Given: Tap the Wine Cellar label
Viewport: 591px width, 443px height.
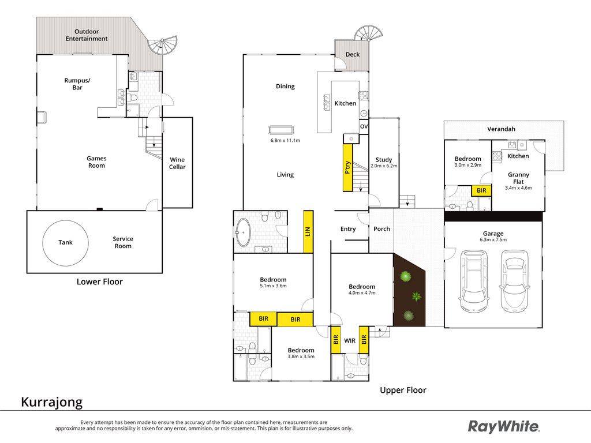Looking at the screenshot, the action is coord(177,163).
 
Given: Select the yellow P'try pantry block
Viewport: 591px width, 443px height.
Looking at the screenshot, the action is coord(347,168).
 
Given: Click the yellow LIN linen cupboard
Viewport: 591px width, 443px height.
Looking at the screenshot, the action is coord(308,231).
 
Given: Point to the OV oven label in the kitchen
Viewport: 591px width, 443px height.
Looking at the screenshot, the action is coord(364,126).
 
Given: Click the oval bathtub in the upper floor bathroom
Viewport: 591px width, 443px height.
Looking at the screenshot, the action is coord(243,232).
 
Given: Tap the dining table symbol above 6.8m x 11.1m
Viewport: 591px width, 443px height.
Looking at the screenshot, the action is coord(281,130).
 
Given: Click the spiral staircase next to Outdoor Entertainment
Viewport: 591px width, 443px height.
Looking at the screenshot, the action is coord(162,45).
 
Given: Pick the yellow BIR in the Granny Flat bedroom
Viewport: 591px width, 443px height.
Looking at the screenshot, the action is coord(481,190).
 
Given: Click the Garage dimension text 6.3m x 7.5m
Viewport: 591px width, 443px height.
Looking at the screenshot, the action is coord(493,239).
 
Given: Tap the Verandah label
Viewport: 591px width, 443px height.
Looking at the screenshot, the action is coord(501,129).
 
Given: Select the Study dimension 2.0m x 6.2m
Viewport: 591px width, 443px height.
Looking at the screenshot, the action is coord(384,166).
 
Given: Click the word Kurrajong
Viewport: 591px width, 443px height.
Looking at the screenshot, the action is coord(51,402).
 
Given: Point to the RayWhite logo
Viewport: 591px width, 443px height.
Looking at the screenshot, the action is coord(504,427).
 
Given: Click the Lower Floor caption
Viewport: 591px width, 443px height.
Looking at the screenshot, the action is coord(99,281).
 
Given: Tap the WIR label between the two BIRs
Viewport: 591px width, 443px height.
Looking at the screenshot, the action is coord(350,340).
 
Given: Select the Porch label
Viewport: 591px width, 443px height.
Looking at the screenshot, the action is coord(381,228).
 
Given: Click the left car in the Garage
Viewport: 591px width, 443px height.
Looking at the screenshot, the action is coord(474,281).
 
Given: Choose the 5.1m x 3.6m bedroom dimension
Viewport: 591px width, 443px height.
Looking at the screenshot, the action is coord(273,286).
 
